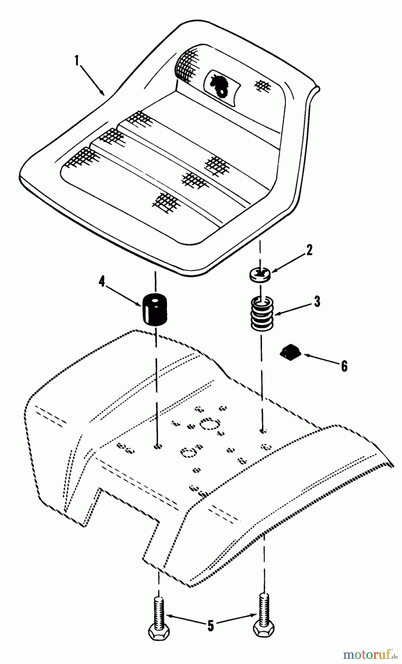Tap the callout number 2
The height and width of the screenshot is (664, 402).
tap(309, 251)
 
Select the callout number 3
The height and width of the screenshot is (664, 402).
tap(317, 301)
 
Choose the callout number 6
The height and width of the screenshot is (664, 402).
tap(344, 366)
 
